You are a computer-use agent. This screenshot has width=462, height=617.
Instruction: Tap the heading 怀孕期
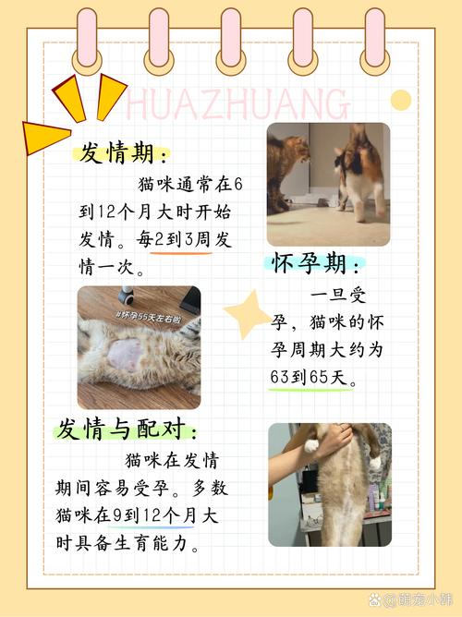pos(316,266)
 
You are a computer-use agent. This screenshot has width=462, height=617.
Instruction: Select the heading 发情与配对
pos(127,429)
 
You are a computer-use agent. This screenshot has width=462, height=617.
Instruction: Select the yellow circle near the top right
pos(400,100)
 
